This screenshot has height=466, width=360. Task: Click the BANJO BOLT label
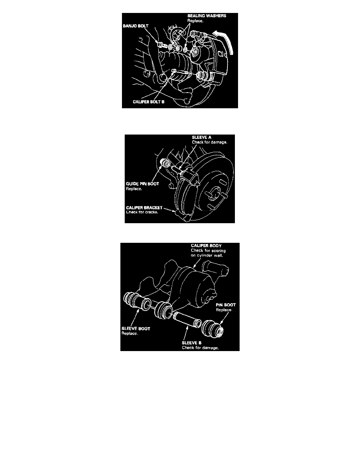[x=135, y=26]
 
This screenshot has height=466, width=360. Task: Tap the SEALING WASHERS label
[x=207, y=16]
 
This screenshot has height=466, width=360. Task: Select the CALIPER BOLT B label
[x=149, y=102]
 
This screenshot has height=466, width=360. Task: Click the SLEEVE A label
[x=202, y=137]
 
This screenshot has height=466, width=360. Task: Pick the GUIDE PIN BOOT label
[x=142, y=184]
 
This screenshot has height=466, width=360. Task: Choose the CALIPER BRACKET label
[x=144, y=208]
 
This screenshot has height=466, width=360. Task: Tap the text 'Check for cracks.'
[x=142, y=212]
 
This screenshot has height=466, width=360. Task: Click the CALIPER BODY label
[x=206, y=246]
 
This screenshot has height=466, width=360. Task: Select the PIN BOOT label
[x=226, y=305]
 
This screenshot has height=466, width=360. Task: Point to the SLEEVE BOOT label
[x=136, y=329]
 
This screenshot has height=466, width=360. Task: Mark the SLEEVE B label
[x=192, y=343]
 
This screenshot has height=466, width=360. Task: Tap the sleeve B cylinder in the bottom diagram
[x=187, y=319]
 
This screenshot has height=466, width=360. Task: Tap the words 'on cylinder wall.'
[x=207, y=255]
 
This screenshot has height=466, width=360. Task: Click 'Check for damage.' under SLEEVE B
[x=200, y=348]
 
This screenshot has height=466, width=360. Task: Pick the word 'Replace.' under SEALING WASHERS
[x=195, y=21]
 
